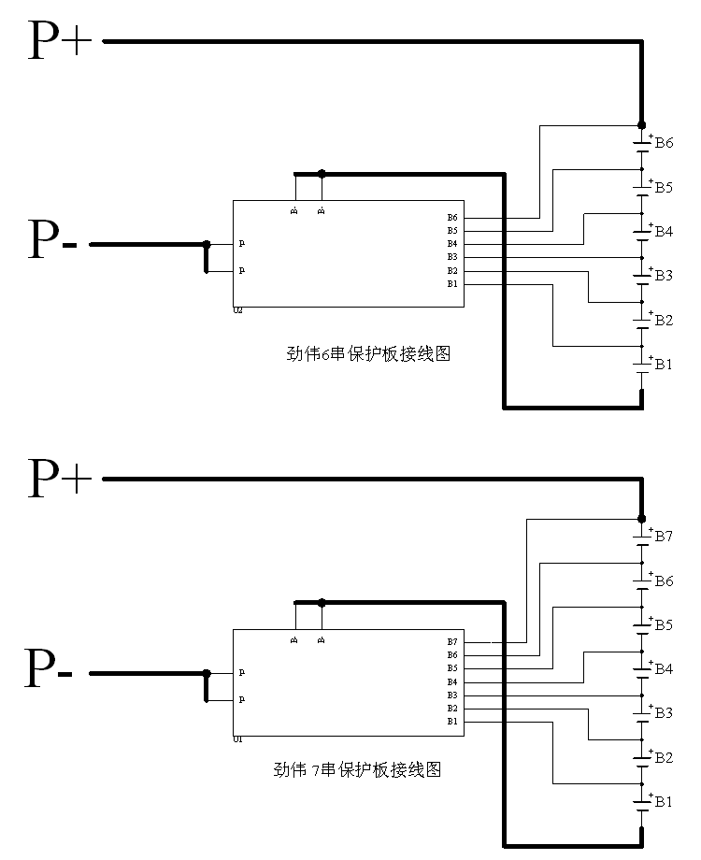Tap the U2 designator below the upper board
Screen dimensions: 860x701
point(237,310)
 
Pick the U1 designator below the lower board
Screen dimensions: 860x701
point(237,739)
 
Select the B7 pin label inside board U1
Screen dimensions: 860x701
point(452,642)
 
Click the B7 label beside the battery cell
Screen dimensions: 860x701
point(664,537)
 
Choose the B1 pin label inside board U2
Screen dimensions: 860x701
point(452,283)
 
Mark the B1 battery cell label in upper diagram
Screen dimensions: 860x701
point(664,364)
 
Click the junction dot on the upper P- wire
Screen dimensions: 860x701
point(207,244)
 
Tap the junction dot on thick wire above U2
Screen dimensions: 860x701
point(322,173)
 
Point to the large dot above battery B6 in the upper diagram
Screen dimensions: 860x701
point(641,124)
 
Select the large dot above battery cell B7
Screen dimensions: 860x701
point(641,519)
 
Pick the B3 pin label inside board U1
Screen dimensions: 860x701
point(452,695)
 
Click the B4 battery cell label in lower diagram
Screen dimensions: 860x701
point(664,668)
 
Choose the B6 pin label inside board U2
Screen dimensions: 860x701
point(452,218)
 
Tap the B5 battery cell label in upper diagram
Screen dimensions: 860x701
point(664,187)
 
